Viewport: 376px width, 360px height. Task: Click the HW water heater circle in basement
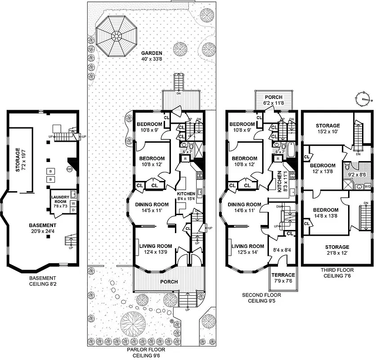click(70, 169)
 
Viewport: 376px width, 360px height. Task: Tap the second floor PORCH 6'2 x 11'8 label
click(273, 100)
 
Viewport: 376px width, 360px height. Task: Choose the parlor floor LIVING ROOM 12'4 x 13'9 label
click(156, 249)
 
